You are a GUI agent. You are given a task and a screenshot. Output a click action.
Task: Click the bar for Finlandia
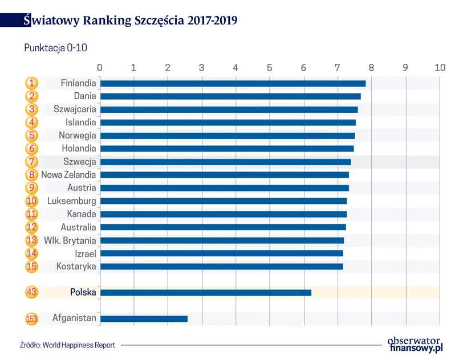pos(233,83)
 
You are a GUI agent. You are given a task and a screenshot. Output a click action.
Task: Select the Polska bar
pos(206,293)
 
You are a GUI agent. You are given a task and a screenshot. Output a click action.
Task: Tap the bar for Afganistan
pos(144,319)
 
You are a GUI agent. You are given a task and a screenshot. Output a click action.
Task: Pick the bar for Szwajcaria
pos(229,109)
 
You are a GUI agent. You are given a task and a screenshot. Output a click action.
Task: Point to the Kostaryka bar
pos(221,267)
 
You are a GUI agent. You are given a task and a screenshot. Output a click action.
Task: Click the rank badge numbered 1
pos(32,83)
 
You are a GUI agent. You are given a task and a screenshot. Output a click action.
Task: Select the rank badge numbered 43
pos(32,293)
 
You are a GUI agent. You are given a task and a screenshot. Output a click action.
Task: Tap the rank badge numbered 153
pos(32,319)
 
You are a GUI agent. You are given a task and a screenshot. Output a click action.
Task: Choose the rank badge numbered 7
pos(32,162)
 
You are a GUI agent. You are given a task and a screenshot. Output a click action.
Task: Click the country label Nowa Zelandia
pos(68,175)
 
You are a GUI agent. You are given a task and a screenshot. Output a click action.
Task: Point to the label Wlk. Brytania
pos(70,240)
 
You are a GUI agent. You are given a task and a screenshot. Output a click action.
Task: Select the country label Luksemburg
pos(72,201)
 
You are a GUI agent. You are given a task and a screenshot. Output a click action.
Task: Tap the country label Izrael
pos(85,253)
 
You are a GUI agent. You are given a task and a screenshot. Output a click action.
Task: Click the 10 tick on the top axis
pos(439,68)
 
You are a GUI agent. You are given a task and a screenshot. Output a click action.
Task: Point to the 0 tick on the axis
pos(100,68)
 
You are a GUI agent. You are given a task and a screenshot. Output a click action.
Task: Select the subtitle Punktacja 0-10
pos(55,48)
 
